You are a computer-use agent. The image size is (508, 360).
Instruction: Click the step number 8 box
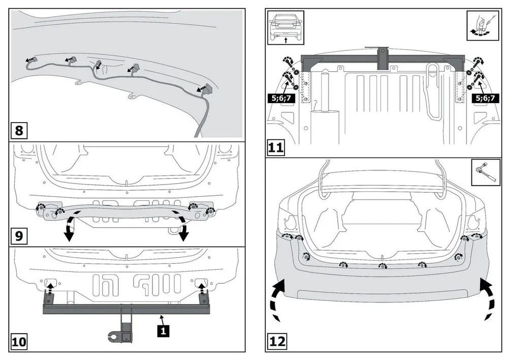tap(19, 131)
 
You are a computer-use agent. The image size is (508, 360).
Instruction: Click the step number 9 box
tap(19, 236)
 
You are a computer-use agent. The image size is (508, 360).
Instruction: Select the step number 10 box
tap(19, 342)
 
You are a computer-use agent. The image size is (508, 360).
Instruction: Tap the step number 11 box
tap(277, 148)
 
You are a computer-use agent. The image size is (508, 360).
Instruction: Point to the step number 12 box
tap(277, 342)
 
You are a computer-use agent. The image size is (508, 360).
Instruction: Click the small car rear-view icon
tap(285, 26)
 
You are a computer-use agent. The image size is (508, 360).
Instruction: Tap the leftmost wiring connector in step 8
tap(29, 61)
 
